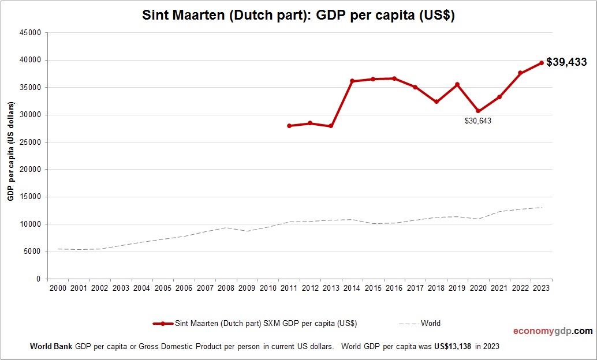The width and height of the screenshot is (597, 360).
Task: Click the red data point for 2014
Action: (352, 81)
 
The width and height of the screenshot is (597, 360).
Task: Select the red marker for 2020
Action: (478, 111)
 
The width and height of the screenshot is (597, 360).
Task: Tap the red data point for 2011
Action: (289, 126)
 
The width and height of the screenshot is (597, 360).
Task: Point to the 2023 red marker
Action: (542, 63)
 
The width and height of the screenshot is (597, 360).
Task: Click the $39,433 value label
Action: (566, 62)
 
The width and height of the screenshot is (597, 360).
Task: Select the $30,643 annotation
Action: (478, 121)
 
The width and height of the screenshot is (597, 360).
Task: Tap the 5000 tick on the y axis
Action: (32, 252)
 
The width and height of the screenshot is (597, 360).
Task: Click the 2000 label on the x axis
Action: (58, 288)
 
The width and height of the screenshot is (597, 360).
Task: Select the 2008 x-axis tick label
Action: (226, 288)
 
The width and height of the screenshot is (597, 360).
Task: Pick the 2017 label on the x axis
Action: (415, 288)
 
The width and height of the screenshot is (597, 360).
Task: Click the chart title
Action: (298, 16)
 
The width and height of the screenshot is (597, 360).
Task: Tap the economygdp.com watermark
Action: (553, 331)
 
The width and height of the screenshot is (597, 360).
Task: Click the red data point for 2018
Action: (436, 102)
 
